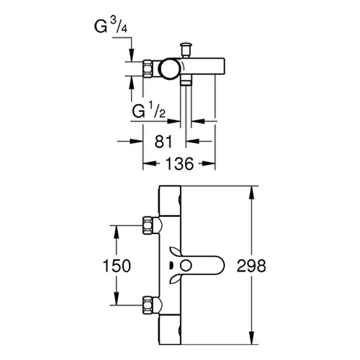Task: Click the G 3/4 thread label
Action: click(111, 27)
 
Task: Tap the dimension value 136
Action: click(179, 164)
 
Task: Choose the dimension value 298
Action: click(251, 265)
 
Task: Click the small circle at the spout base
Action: click(186, 265)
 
